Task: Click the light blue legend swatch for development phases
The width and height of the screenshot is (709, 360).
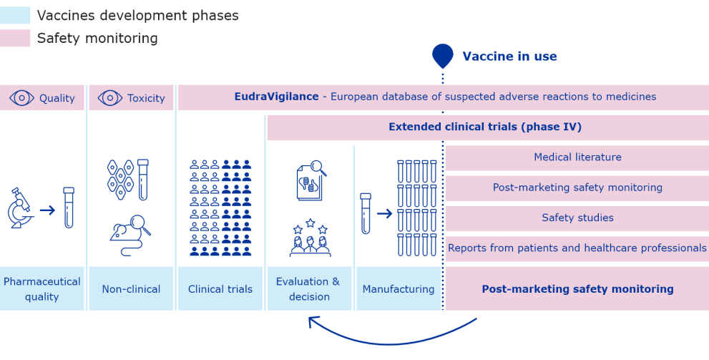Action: point(15,15)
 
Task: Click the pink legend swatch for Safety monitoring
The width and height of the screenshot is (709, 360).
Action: point(15,38)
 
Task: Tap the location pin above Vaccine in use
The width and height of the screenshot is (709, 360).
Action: point(443,55)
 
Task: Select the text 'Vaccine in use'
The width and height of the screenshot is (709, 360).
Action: point(509,57)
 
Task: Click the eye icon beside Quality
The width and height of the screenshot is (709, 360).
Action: point(21,98)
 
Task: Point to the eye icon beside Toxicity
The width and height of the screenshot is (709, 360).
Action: point(109,98)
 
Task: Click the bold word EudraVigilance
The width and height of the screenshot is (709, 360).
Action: point(276,97)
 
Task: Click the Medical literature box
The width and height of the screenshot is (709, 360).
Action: point(577,157)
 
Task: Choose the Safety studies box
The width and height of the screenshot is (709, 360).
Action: point(577,218)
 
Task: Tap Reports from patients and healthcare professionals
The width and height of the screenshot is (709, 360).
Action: point(577,248)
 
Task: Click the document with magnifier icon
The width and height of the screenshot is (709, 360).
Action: point(311,181)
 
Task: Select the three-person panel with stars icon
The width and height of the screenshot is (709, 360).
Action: point(310,238)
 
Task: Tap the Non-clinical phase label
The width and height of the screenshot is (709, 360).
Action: point(131,289)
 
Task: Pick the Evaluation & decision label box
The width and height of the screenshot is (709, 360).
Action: point(308,289)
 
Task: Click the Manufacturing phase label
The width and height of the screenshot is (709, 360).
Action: point(398,289)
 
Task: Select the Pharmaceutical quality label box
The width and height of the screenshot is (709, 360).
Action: point(42,289)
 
